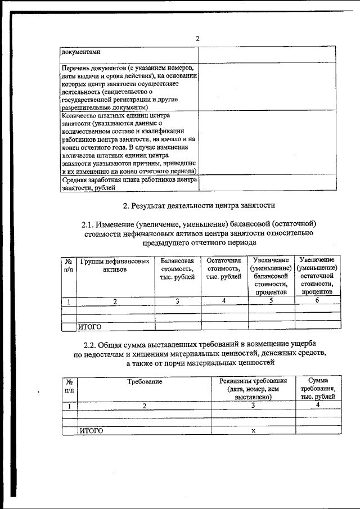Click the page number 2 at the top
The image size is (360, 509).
[x=197, y=39]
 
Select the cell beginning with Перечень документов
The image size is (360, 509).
[x=129, y=87]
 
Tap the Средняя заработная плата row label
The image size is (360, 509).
[x=129, y=184]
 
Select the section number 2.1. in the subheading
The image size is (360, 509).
[x=93, y=224]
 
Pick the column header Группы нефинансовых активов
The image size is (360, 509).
[x=115, y=265]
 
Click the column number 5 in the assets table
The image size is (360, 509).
[x=271, y=301]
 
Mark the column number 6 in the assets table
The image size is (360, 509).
[x=317, y=301]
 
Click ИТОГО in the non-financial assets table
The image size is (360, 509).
[x=89, y=326]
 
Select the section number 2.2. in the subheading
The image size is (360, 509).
[x=93, y=344]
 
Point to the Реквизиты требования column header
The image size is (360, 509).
[x=253, y=389]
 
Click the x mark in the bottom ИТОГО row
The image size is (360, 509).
[x=253, y=430]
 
